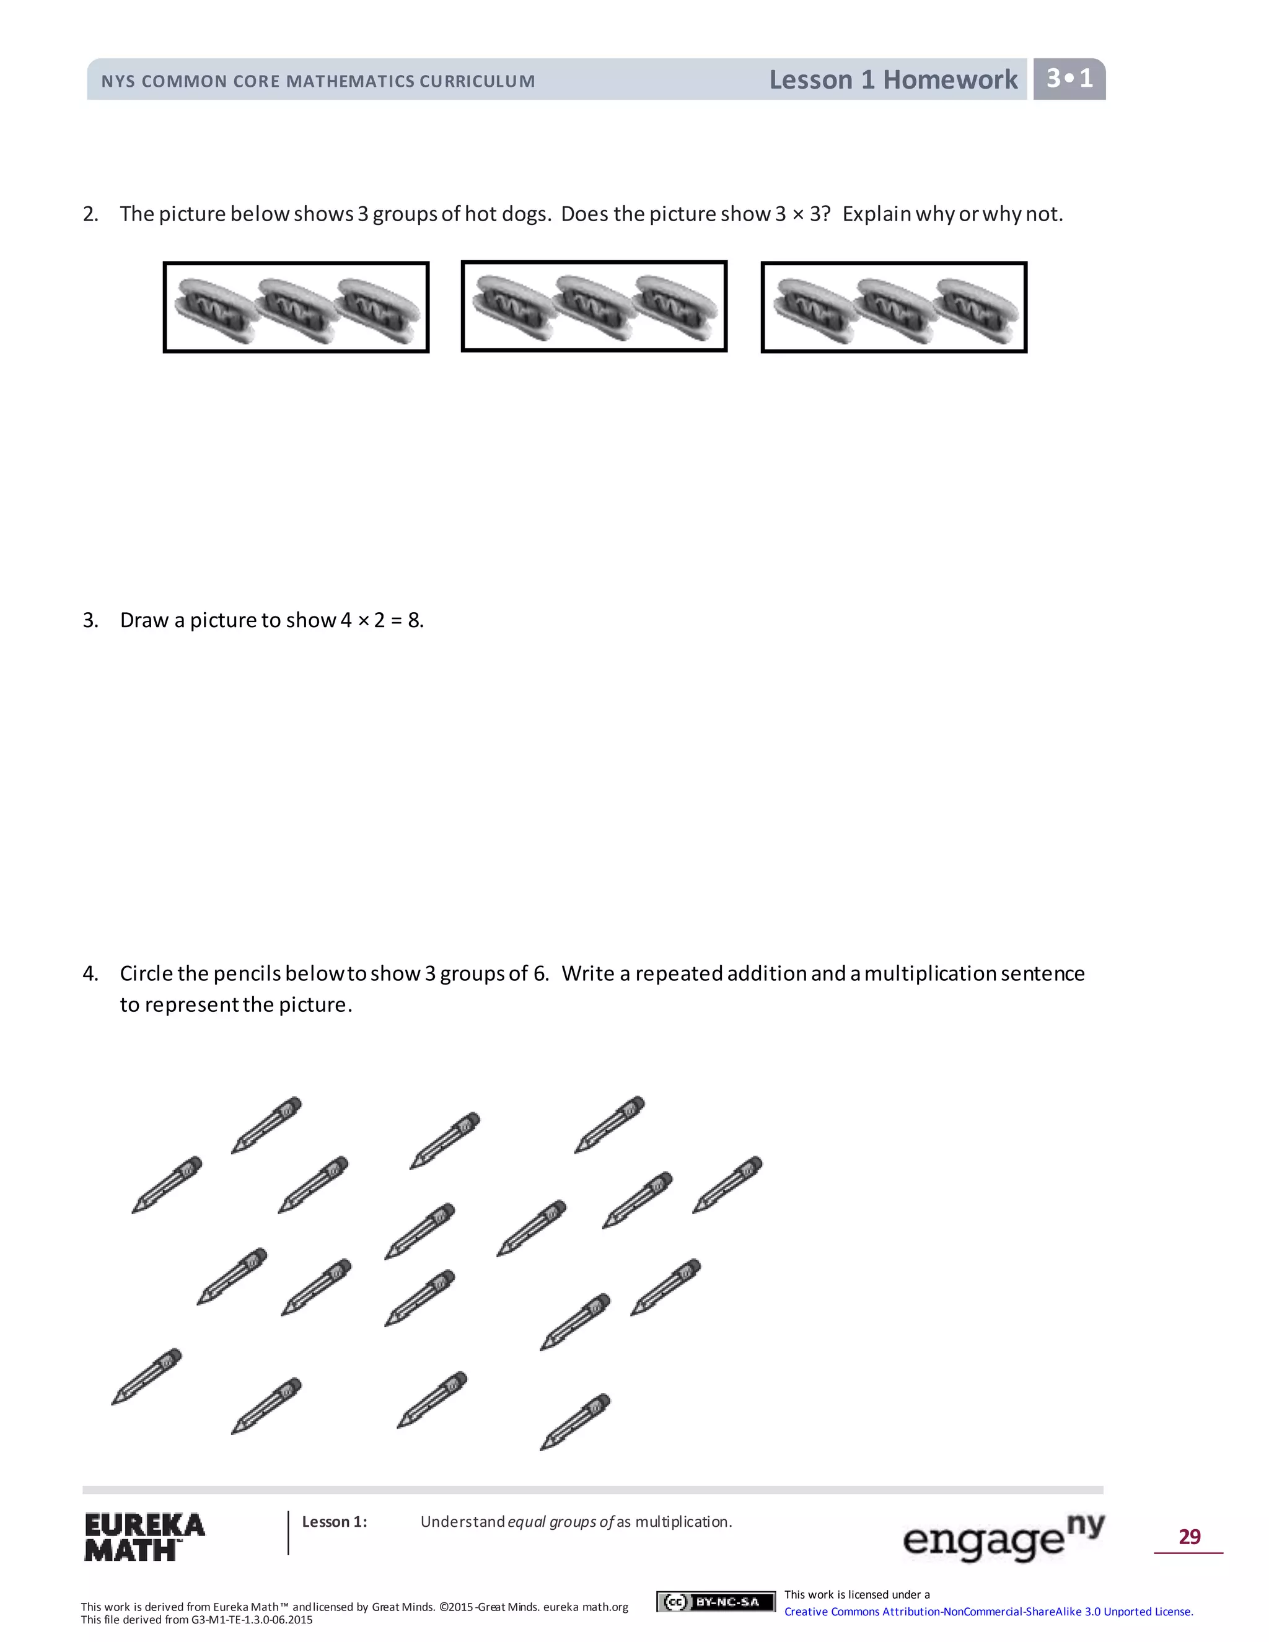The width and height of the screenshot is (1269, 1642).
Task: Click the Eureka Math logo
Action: coord(144,1536)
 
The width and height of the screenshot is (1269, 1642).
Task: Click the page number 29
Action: coord(1188,1536)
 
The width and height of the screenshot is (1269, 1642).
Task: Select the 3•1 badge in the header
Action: coord(1068,78)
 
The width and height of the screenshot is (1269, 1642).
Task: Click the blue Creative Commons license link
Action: coord(988,1611)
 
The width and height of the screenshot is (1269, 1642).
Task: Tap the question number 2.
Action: coord(90,214)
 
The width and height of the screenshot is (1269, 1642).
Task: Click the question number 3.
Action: coord(90,620)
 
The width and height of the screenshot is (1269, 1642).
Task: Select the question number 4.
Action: coord(90,973)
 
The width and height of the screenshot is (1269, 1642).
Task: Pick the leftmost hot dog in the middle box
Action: coord(514,307)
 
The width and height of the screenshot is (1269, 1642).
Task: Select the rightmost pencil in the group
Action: coord(727,1184)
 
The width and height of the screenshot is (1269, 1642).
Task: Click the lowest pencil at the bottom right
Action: coord(575,1421)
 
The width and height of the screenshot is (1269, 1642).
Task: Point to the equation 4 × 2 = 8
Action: coord(382,620)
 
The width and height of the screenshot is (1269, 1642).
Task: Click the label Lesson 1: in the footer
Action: coord(335,1522)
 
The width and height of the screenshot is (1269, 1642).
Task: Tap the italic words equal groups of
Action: coord(561,1522)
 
